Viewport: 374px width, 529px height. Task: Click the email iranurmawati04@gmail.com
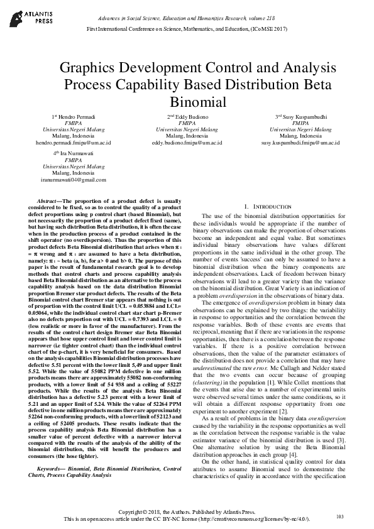(73, 179)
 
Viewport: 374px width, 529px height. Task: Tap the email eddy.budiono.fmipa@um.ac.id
(187, 143)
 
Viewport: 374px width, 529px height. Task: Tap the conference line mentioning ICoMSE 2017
(187, 29)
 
